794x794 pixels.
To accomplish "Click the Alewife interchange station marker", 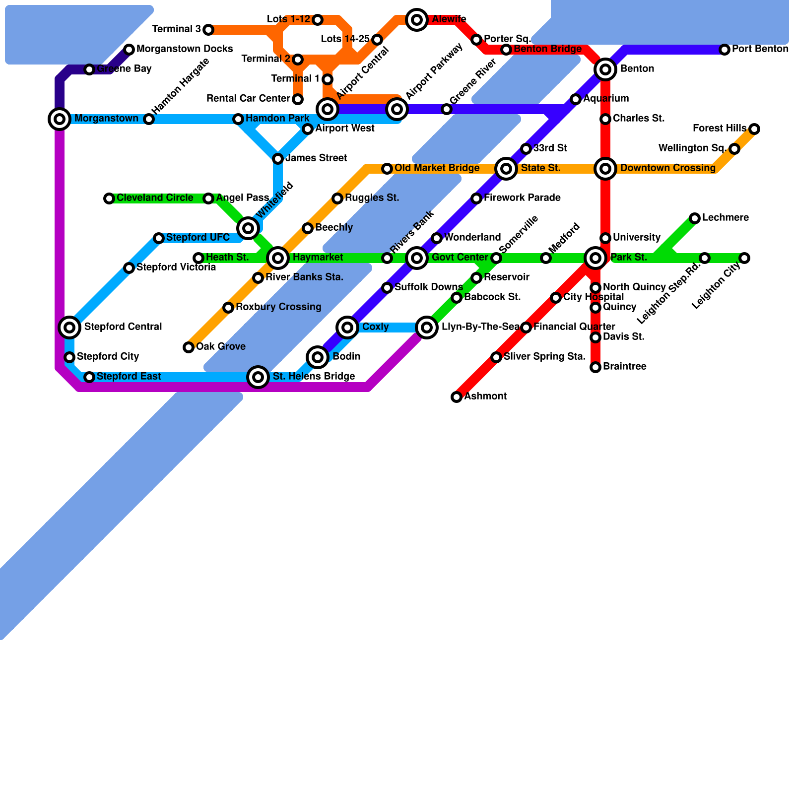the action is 417,20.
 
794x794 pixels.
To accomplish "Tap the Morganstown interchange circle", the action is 60,119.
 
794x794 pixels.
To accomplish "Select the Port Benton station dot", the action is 725,50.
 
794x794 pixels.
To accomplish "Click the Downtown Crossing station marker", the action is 605,169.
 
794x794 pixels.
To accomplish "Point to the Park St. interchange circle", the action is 595,258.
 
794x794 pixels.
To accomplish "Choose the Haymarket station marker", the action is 278,258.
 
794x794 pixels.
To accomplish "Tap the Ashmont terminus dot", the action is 457,397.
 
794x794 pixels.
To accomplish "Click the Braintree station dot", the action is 595,367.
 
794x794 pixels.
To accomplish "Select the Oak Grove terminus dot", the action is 189,347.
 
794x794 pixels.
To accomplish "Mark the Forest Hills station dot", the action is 754,129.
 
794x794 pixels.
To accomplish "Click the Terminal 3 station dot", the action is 208,30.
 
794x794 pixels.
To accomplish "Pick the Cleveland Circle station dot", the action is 109,198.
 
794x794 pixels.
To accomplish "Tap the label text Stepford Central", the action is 123,327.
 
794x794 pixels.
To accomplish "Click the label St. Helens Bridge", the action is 314,377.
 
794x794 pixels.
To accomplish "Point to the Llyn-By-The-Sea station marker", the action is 427,328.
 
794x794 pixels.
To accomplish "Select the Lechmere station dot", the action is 695,218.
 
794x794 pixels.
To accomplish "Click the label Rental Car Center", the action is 248,99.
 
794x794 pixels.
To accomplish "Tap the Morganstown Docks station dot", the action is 129,50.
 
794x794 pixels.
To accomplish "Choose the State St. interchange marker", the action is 506,169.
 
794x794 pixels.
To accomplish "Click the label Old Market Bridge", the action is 437,168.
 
